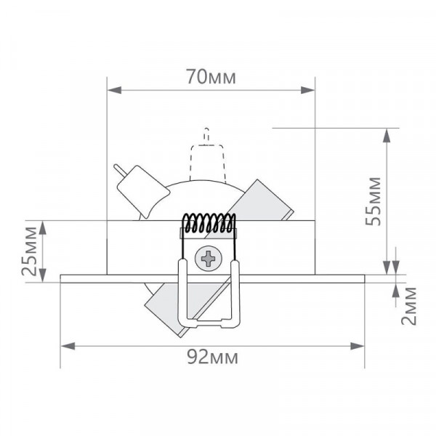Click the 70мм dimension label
coord(211,77)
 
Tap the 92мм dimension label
coord(212,357)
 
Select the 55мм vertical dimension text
coord(373,201)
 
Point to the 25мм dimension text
coord(29,251)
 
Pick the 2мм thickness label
coord(408,306)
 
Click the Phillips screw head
coord(209,259)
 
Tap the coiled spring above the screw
coord(209,223)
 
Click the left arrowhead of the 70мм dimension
coord(114,90)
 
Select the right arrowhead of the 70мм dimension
coord(307,90)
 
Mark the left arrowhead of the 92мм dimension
coord(68,346)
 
